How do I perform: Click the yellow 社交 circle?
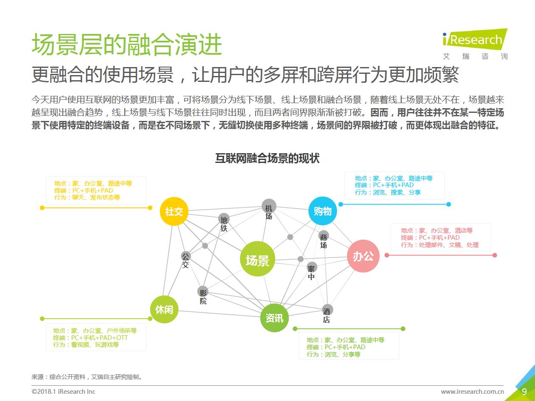(174, 211)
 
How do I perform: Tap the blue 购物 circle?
(323, 211)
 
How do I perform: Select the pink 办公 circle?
(363, 256)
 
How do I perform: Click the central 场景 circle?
(257, 260)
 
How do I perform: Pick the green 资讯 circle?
(274, 317)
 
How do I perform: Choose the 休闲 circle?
(164, 309)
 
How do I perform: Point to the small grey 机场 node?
(269, 207)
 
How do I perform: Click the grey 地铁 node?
(224, 220)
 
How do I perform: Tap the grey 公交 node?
(186, 256)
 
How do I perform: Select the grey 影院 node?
(203, 292)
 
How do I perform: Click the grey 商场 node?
(324, 236)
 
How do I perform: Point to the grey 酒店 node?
(327, 310)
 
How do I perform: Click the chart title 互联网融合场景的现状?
(267, 159)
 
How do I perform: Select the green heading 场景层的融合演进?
(127, 45)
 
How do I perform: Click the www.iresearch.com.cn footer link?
(472, 392)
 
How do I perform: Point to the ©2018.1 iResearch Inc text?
(64, 392)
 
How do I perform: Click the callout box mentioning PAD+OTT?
(96, 338)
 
